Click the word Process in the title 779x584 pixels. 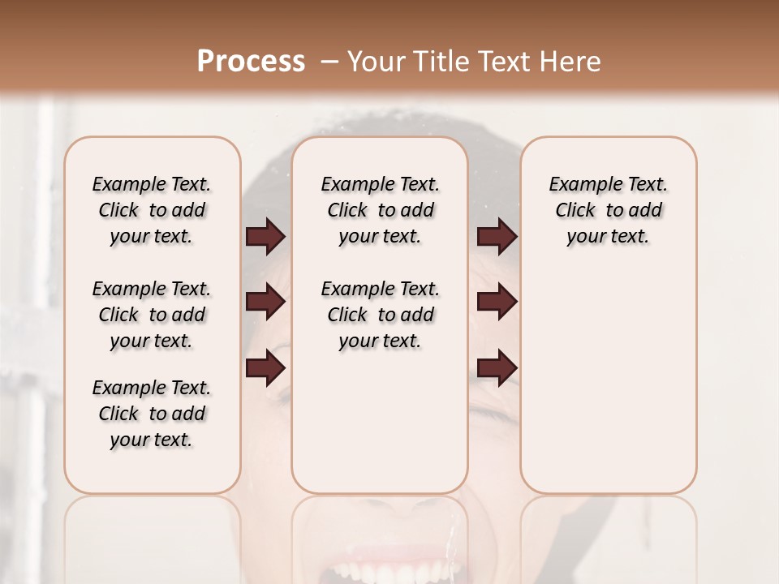pyautogui.click(x=251, y=62)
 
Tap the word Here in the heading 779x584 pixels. pyautogui.click(x=570, y=62)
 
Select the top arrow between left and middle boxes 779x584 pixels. pyautogui.click(x=265, y=237)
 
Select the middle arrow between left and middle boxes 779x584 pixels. pyautogui.click(x=265, y=303)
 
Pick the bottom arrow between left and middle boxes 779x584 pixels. pyautogui.click(x=265, y=368)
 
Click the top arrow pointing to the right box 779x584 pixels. pyautogui.click(x=497, y=237)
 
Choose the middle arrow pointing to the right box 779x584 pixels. pyautogui.click(x=497, y=303)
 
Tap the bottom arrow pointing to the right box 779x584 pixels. pyautogui.click(x=497, y=368)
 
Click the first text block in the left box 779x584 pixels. pyautogui.click(x=152, y=210)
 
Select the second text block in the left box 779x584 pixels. pyautogui.click(x=152, y=315)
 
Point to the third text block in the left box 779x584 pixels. pyautogui.click(x=152, y=414)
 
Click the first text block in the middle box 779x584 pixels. pyautogui.click(x=380, y=210)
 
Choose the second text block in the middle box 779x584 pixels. pyautogui.click(x=380, y=315)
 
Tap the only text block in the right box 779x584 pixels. pyautogui.click(x=608, y=210)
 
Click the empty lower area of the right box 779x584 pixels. pyautogui.click(x=608, y=389)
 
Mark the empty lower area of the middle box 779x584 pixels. pyautogui.click(x=380, y=422)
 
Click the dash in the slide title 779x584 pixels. pyautogui.click(x=329, y=62)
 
